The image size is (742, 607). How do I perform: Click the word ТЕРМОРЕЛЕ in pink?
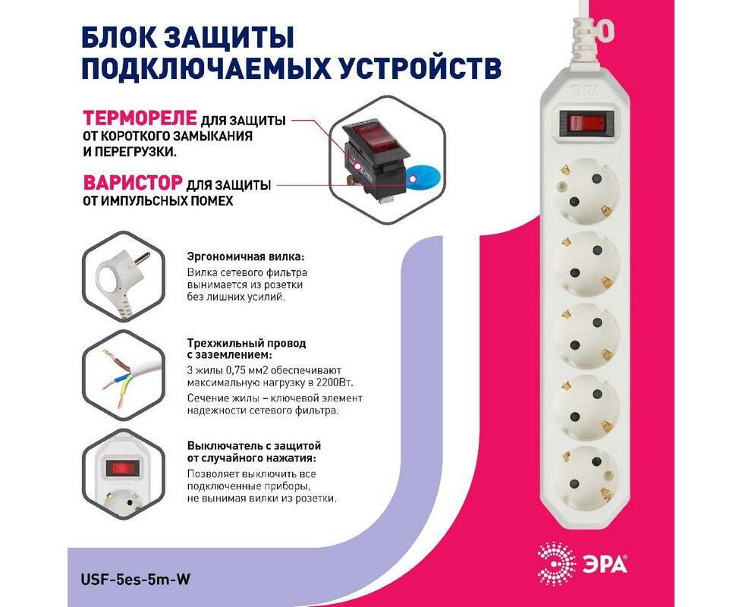point(140,118)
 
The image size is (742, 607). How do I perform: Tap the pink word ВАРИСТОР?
point(133,182)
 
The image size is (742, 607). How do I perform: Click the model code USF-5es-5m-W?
point(136,579)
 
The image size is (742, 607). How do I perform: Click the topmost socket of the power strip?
point(586,191)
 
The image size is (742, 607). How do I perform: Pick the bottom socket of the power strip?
point(586,478)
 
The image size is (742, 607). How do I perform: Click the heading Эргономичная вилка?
point(246,257)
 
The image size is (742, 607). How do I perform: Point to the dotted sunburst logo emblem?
point(557,564)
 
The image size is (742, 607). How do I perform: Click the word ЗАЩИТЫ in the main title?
point(230,37)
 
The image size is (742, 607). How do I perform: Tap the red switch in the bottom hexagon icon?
point(123,468)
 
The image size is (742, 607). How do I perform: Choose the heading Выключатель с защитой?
point(254,445)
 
